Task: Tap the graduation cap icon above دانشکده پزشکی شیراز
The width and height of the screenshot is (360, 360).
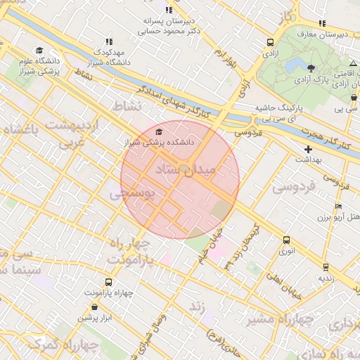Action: coord(159,131)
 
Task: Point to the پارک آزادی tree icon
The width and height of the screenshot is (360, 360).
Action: coord(311,67)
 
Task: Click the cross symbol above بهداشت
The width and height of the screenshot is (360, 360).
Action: coord(308,149)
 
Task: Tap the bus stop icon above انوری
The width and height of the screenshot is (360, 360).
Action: coord(286,240)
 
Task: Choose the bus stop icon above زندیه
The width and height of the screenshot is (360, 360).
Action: coord(326,267)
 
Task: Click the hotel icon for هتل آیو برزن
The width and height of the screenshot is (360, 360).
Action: coord(338,207)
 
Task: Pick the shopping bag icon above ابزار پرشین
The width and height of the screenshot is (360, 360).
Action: coord(95,307)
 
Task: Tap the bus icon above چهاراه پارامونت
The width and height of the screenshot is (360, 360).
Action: coord(108,282)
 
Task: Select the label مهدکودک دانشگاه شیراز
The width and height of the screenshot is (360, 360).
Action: coord(109,58)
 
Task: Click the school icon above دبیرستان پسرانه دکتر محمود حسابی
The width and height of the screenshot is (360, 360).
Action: coord(168,10)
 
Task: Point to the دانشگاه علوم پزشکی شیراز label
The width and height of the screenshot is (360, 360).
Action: coord(39,67)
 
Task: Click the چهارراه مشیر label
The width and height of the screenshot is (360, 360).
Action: coord(281,320)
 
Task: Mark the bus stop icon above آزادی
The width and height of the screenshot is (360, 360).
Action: coord(271,41)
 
